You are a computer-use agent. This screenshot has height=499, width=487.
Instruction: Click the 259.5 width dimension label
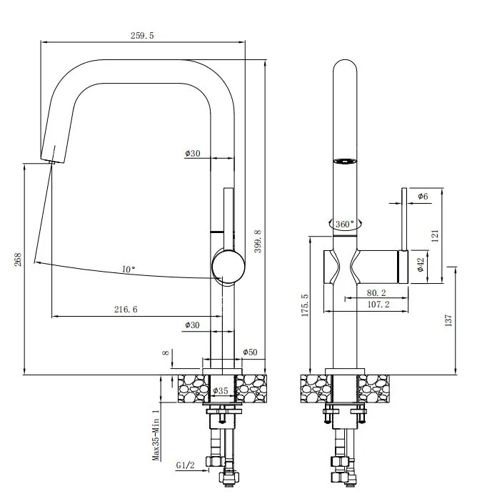pyautogui.click(x=142, y=35)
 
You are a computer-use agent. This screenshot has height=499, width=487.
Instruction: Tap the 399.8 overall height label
pyautogui.click(x=258, y=241)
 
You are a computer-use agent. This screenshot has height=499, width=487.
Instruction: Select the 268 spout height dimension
pyautogui.click(x=18, y=260)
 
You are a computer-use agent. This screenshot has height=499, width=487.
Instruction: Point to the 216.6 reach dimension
pyautogui.click(x=126, y=309)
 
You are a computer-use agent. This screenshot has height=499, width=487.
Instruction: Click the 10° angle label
pyautogui.click(x=129, y=270)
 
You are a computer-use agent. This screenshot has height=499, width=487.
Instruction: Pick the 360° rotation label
pyautogui.click(x=345, y=224)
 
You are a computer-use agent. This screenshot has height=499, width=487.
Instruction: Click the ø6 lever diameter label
pyautogui.click(x=423, y=196)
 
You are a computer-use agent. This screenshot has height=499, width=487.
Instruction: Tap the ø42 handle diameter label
pyautogui.click(x=421, y=265)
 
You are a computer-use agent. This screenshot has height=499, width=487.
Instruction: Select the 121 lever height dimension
pyautogui.click(x=435, y=236)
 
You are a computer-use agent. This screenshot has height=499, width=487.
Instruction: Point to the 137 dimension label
pyautogui.click(x=448, y=320)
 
